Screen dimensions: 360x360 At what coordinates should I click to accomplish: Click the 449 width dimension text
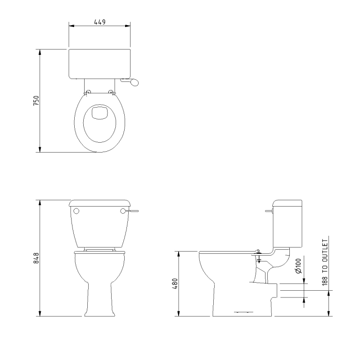[99, 22]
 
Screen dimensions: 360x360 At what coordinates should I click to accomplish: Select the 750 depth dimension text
[36, 100]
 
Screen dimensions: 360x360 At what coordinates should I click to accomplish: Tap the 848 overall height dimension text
[36, 258]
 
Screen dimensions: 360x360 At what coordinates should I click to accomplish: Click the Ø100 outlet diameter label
[298, 267]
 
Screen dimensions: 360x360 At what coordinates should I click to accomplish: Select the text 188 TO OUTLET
[325, 260]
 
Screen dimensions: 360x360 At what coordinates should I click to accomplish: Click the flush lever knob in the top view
[135, 82]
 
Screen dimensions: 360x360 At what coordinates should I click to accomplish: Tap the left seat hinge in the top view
[87, 92]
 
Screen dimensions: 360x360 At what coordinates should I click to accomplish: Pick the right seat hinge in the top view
[112, 92]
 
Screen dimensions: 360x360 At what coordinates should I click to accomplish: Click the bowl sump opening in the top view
[99, 113]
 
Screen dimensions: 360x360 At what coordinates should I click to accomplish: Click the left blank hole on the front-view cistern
[76, 211]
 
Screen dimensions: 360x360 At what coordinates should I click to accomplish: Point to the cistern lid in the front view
[99, 202]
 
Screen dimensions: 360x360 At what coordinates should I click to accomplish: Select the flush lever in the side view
[269, 210]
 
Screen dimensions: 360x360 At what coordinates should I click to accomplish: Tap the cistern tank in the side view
[288, 223]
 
